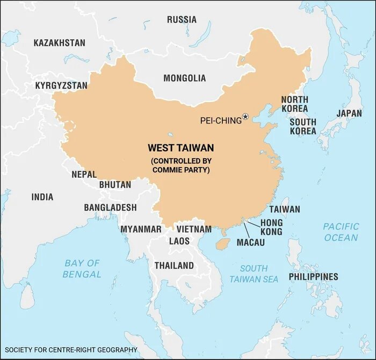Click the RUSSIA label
pos(182,20)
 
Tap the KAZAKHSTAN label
pos(59,42)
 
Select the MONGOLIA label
pos(184,78)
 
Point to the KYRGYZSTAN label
pos(61,86)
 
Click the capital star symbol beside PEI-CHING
pos(245,116)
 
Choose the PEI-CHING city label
pos(221,121)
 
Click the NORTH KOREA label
pos(294,105)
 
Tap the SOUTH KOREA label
pos(303,127)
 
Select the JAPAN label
pos(349,113)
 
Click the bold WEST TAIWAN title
pos(180,148)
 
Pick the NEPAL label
pos(84,174)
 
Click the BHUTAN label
pos(115,185)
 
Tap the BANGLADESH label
pos(110,208)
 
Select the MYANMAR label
pos(141,229)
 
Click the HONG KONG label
pos(271,227)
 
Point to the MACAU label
pos(251,243)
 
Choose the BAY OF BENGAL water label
pos(82,269)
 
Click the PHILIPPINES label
pos(314,277)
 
